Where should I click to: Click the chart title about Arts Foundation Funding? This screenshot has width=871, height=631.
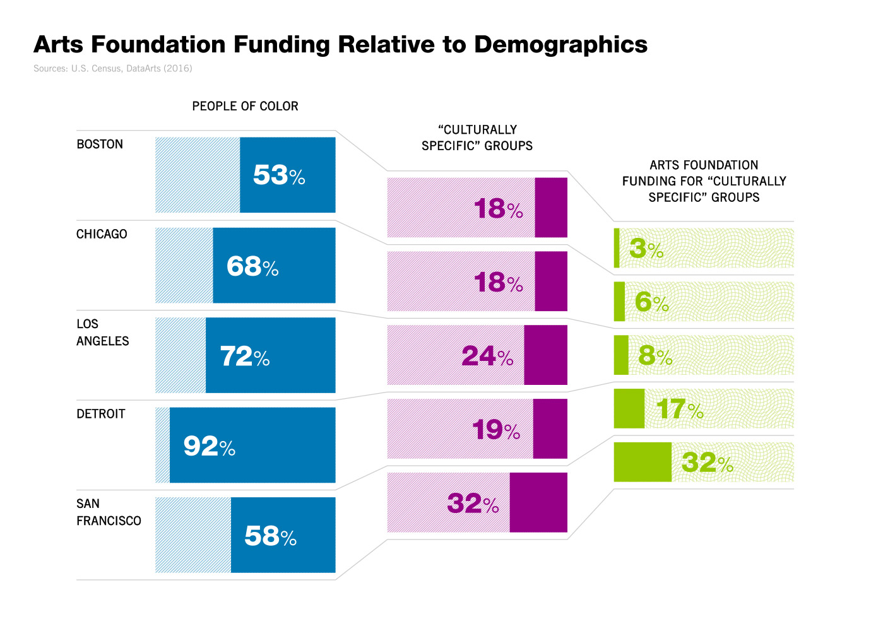point(340,45)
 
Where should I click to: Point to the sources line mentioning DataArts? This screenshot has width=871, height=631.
point(112,68)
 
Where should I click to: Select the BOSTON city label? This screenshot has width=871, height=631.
point(100,144)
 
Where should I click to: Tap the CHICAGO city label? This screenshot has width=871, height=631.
point(102,234)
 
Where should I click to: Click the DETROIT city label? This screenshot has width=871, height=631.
point(101,414)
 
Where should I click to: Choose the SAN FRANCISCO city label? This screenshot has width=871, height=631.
point(109,512)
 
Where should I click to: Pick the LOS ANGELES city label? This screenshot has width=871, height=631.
point(102,333)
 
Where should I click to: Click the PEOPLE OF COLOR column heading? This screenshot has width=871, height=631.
point(245,106)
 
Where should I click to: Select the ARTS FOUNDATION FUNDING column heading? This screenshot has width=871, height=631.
point(704,181)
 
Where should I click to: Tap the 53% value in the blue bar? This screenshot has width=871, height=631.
point(279,175)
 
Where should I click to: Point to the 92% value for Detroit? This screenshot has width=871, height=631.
point(209,447)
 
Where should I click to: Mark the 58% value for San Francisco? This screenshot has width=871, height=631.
point(270,536)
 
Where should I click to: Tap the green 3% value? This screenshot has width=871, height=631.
point(646,249)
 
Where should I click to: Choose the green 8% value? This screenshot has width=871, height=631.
point(655,357)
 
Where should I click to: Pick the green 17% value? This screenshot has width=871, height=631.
point(680,410)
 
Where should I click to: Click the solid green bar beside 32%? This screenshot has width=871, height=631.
point(643,463)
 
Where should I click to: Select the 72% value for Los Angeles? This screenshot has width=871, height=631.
point(245,357)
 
